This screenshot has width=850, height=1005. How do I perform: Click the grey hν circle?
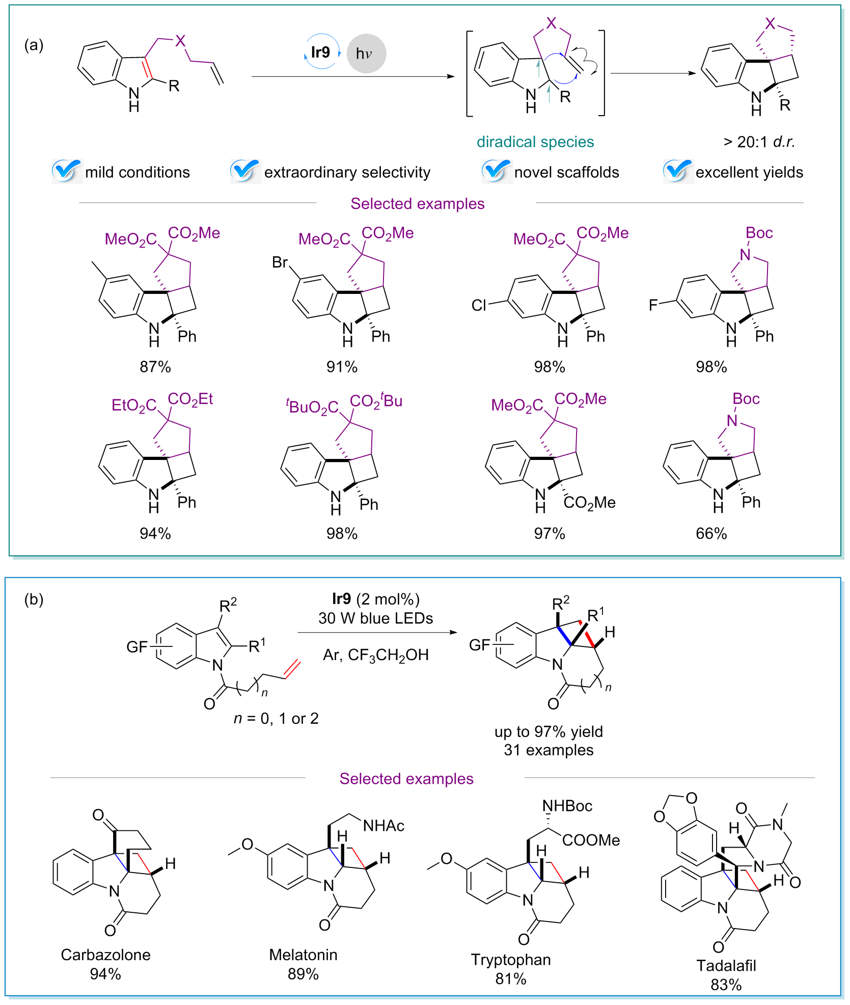pyautogui.click(x=366, y=53)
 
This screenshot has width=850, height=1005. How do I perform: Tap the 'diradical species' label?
pyautogui.click(x=535, y=142)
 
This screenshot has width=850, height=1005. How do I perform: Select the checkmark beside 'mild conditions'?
pyautogui.click(x=66, y=171)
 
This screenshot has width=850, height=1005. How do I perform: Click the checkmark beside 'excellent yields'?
pyautogui.click(x=677, y=171)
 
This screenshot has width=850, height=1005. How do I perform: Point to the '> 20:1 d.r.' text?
pyautogui.click(x=759, y=142)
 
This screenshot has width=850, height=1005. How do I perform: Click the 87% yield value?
pyautogui.click(x=155, y=367)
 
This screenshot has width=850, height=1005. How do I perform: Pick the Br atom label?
pyautogui.click(x=280, y=262)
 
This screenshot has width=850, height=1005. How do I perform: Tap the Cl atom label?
pyautogui.click(x=479, y=305)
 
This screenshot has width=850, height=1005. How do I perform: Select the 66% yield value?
pyautogui.click(x=711, y=533)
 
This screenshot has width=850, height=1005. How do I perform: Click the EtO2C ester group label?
pyautogui.click(x=134, y=405)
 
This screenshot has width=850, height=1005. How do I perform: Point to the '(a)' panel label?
pyautogui.click(x=34, y=45)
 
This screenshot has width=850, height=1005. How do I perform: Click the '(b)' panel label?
pyautogui.click(x=34, y=599)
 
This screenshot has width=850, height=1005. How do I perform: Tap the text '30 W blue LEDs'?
pyautogui.click(x=375, y=618)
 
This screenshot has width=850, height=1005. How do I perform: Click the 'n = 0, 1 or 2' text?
pyautogui.click(x=276, y=718)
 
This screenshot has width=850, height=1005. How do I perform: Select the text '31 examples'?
pyautogui.click(x=549, y=750)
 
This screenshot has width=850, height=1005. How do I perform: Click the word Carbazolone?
pyautogui.click(x=105, y=955)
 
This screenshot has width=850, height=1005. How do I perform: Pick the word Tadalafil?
pyautogui.click(x=726, y=966)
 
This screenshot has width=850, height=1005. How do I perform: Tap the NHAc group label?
pyautogui.click(x=383, y=826)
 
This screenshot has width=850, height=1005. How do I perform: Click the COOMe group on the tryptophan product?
pyautogui.click(x=591, y=840)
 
